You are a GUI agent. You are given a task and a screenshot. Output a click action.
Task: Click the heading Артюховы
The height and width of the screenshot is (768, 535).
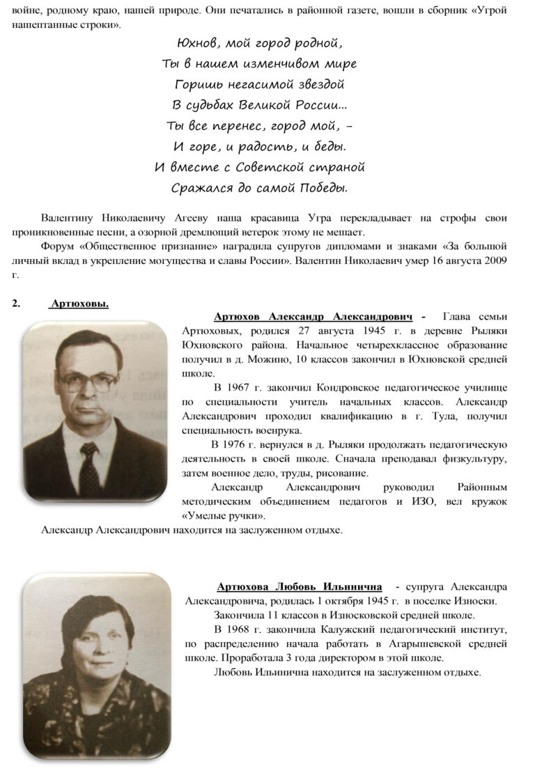point(79,304)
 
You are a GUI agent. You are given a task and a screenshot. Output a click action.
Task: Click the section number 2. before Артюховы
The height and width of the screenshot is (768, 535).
point(17,304)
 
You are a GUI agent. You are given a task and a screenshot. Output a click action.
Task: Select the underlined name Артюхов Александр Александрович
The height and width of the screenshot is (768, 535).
point(313,315)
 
